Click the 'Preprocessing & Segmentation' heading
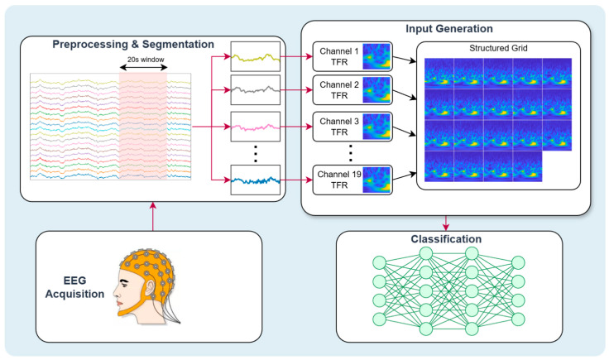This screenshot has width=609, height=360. pos(133,44)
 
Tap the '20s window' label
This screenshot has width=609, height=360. pos(146,60)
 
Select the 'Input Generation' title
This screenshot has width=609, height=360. pos(449,29)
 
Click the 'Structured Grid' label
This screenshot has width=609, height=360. pos(498,48)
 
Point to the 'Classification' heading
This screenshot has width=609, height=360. pos(446,239)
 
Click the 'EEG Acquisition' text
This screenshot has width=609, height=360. pos(74,287)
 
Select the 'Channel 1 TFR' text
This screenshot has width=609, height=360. pos(339,57)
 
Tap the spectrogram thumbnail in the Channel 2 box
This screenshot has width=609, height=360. pos(376,89)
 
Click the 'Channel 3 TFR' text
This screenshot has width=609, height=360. pos(339,127)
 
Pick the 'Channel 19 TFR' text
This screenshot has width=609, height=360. pos(339,180)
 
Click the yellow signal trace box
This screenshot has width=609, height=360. pos(256,57)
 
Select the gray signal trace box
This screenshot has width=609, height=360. pos(256,90)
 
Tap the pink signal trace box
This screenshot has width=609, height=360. pos(256,127)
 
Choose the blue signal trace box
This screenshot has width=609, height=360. pos(256,180)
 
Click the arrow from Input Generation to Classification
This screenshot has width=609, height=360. pos(446,223)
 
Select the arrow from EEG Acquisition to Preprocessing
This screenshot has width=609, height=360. pos(152,216)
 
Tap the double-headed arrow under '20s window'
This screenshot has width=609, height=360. pos(143,68)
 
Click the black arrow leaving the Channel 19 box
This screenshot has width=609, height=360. pos(405,176)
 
